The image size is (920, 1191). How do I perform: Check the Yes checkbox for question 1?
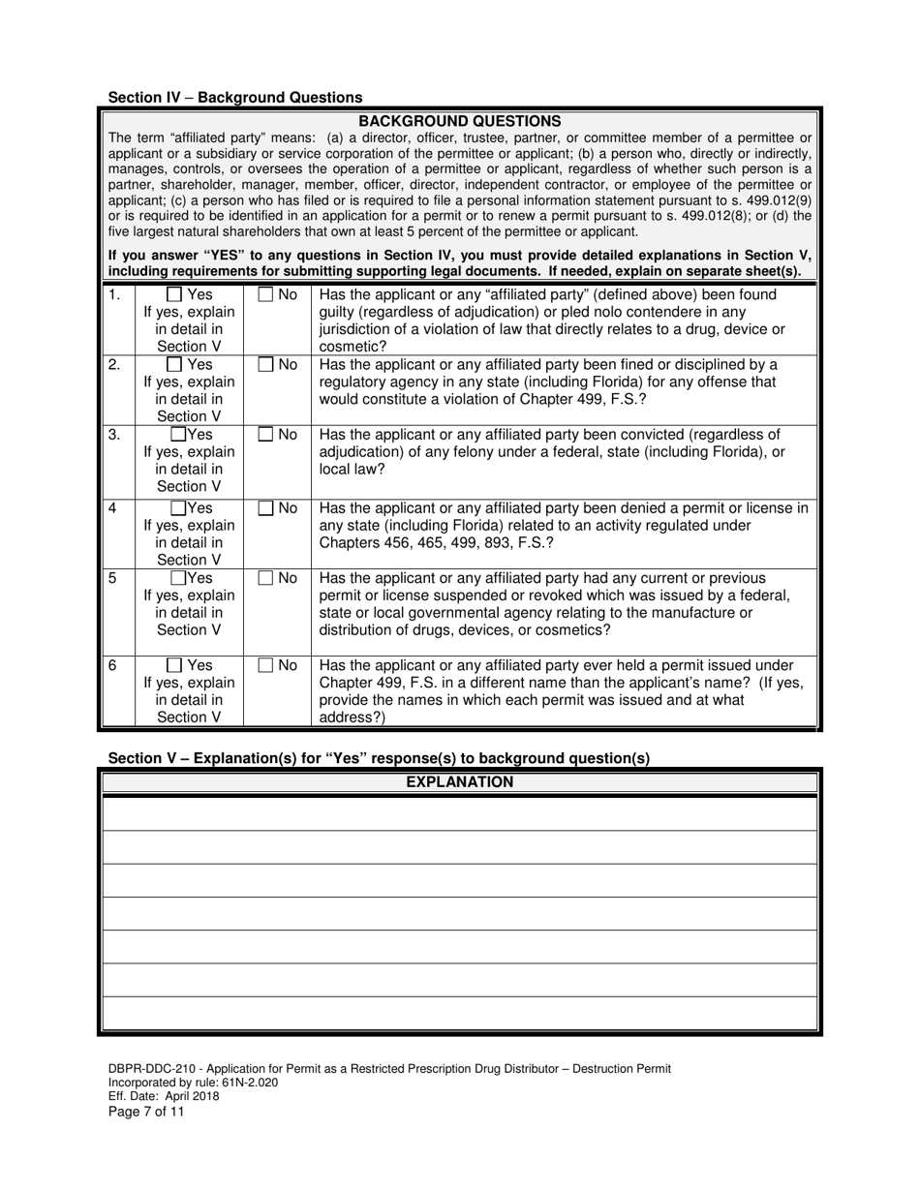[175, 294]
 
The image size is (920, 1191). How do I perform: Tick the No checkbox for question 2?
[265, 365]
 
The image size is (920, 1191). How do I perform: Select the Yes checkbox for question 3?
[179, 435]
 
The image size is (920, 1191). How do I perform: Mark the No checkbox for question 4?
[265, 508]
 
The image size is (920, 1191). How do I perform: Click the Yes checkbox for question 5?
[179, 578]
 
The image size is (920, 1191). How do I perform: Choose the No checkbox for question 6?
[265, 666]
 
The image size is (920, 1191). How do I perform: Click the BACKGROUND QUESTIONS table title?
[459, 121]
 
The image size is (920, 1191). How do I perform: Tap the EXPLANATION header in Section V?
[459, 782]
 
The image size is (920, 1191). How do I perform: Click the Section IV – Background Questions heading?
[235, 97]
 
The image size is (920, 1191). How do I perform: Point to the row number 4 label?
[113, 508]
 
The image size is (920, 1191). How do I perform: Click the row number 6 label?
[113, 666]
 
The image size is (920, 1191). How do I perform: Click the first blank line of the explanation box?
[459, 814]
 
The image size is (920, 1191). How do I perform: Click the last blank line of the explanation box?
[459, 1014]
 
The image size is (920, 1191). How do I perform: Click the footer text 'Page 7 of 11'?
[146, 1112]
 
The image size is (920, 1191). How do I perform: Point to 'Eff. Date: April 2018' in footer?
[164, 1096]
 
